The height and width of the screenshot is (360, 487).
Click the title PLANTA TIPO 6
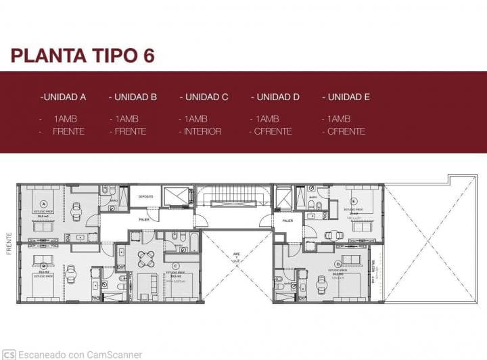[83, 55]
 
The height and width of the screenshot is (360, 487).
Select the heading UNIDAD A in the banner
[63, 97]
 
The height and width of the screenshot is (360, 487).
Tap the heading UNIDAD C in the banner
[204, 97]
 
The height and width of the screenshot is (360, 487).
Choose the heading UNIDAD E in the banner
[346, 97]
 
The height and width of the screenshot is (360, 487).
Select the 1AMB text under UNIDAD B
[126, 118]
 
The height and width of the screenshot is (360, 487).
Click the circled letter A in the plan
[44, 203]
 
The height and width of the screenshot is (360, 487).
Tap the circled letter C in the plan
[175, 266]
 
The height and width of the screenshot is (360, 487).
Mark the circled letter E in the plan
[353, 201]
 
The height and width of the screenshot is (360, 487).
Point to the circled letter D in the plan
[338, 264]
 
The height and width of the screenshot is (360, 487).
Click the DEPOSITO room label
[145, 196]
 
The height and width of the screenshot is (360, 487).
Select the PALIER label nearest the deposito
[144, 219]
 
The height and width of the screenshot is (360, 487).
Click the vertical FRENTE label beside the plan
[9, 244]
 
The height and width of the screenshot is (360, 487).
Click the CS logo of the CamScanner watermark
[9, 354]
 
